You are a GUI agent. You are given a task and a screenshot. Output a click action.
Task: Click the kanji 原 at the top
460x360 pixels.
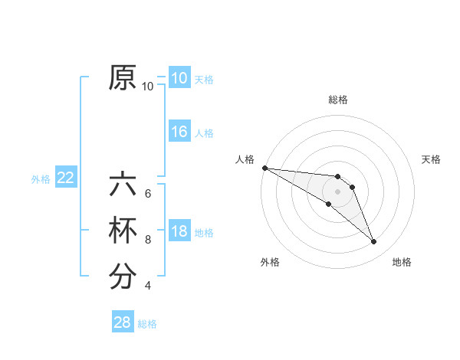coord(123,78)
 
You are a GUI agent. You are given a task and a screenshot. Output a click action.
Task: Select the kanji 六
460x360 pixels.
coord(123,185)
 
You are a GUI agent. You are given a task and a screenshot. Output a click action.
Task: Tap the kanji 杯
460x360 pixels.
coord(123,231)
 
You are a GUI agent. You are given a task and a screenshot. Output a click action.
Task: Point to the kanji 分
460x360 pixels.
coord(123,277)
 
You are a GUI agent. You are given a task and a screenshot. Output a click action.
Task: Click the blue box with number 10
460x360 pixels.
coord(179,78)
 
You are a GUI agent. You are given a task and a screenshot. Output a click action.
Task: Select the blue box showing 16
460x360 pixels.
coord(179,132)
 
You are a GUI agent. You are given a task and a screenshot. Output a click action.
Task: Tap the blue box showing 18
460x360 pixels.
coord(179,231)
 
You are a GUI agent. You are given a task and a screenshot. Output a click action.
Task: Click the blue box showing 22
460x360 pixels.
coord(65,178)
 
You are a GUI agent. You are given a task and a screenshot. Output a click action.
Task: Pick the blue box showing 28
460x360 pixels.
coord(123,322)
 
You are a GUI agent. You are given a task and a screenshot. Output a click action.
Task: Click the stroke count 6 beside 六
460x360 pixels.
coord(148,194)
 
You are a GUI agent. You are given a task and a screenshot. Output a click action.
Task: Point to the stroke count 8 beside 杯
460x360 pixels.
coord(148,240)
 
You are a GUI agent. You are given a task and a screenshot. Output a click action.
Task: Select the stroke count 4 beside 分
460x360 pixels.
coord(148,286)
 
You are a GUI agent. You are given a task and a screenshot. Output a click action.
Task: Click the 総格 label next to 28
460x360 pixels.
coord(147,324)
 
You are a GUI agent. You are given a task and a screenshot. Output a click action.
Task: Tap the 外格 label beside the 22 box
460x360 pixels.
coord(41,179)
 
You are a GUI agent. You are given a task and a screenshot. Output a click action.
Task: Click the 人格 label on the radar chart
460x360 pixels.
coord(245,159)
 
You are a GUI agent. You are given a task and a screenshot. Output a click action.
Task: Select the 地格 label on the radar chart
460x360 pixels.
coord(402,262)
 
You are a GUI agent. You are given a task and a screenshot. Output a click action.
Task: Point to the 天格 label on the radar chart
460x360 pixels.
coord(431,159)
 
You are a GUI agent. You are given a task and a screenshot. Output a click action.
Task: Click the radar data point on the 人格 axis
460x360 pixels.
coord(264,167)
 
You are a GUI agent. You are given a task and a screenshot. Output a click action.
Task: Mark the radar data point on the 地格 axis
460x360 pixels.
coord(374,242)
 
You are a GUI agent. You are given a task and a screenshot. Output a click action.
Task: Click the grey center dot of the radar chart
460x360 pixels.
coord(337,191)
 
